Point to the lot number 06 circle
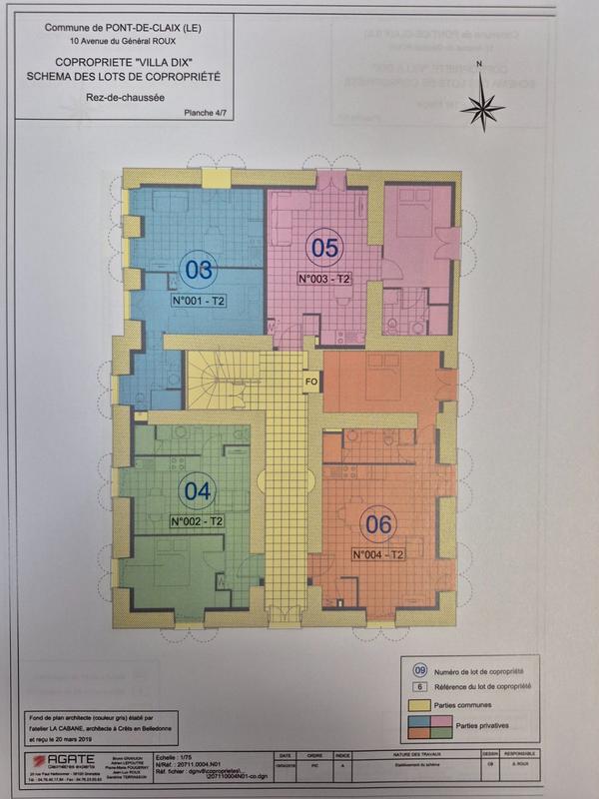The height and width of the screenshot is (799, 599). tap(381, 523)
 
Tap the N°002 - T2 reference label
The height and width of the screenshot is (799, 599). tap(196, 521)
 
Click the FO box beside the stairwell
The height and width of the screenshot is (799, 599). tap(311, 380)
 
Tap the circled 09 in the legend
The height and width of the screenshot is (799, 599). tap(420, 671)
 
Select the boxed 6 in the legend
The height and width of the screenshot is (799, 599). tap(420, 687)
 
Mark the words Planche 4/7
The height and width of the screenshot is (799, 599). tap(206, 114)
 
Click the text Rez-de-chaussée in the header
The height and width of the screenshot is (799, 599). tap(125, 97)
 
